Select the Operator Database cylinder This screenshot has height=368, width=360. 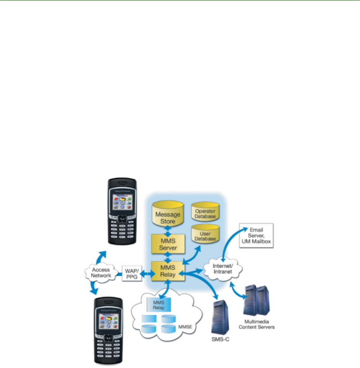(205, 213)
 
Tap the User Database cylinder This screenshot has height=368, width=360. (205, 235)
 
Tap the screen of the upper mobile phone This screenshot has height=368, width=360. (121, 203)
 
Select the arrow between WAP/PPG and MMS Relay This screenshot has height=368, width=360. (147, 274)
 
